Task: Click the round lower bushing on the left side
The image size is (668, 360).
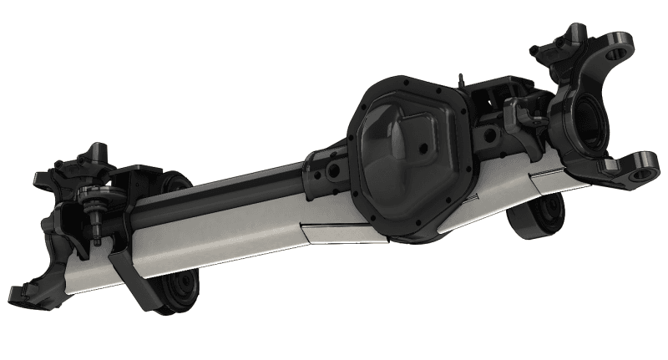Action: [x=179, y=289]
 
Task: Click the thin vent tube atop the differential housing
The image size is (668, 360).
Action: [x=459, y=79]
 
